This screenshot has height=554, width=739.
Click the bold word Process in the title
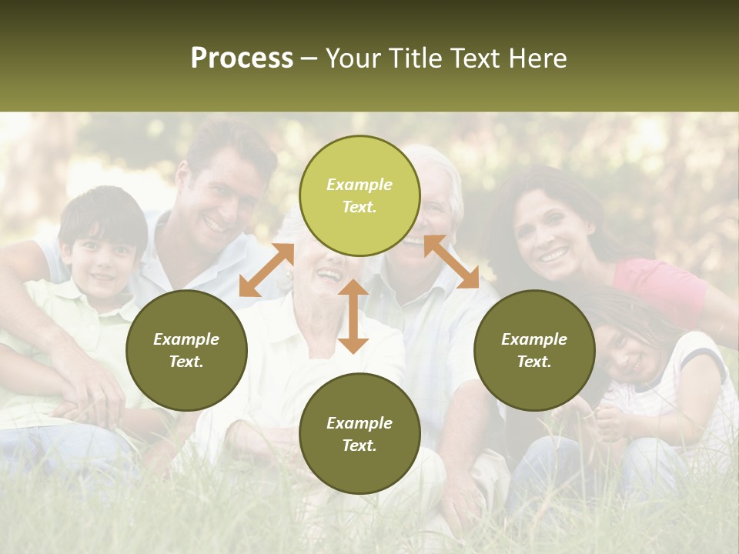242,58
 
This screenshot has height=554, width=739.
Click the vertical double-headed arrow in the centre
353,316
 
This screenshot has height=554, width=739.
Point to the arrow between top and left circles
266,270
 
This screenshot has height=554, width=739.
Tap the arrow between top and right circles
451,262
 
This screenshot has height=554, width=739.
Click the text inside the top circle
359,195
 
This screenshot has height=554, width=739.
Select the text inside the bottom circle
359,434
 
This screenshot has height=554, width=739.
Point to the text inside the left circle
186,350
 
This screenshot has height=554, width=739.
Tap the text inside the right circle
534,350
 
